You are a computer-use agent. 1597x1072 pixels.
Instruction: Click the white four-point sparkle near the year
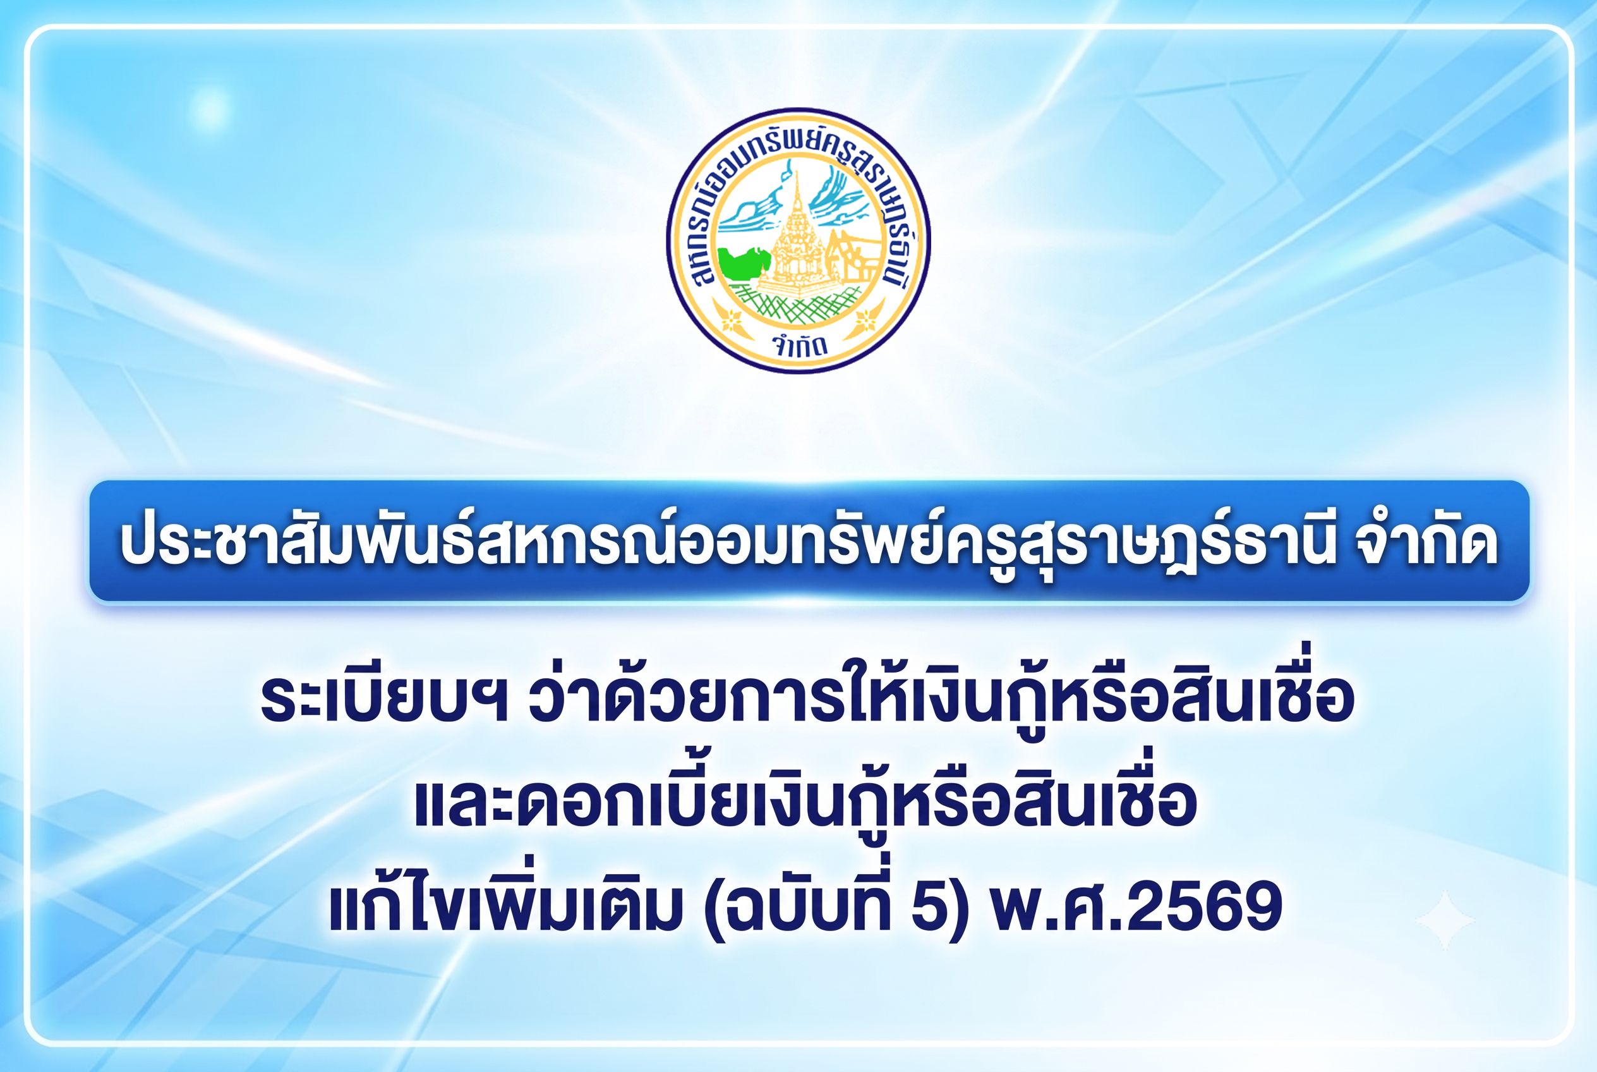(1445, 920)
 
